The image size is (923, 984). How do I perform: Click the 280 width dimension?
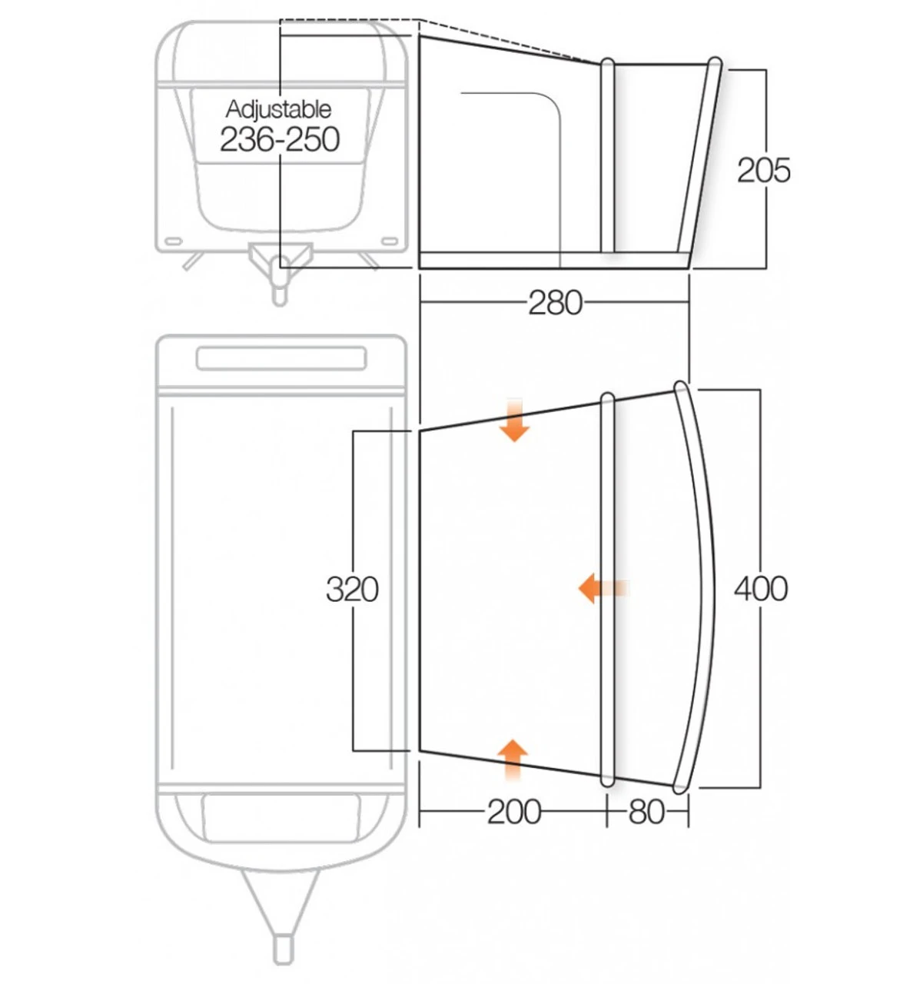pos(554,303)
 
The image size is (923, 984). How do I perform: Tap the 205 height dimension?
pos(763,170)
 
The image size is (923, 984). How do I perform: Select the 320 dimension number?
pos(352,590)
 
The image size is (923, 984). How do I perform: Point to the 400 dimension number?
pos(760,589)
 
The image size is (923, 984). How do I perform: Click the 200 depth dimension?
pos(514,811)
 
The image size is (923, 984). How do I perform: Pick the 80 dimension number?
pos(646,811)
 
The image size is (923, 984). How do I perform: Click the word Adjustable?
pos(278,109)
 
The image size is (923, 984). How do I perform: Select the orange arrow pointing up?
pos(513,758)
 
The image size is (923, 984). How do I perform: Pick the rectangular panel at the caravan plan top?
pos(281,358)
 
